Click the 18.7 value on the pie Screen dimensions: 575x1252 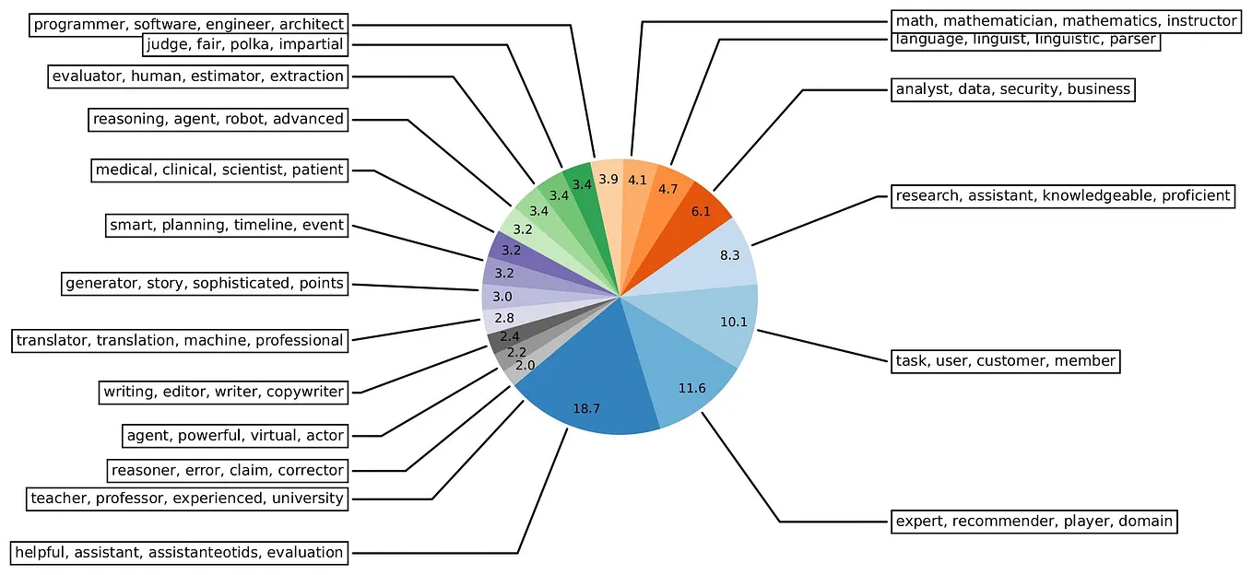[586, 408]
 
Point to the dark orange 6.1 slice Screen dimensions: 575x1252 [700, 211]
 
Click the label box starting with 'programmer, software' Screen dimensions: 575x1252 [189, 24]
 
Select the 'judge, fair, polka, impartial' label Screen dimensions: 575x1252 [244, 44]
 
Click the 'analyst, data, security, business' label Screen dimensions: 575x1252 [1012, 89]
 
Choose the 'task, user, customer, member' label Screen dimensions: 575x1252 [1006, 360]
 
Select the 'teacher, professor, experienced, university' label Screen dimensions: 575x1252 [187, 499]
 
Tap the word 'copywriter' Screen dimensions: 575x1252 [305, 393]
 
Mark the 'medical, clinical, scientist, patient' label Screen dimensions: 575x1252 [219, 170]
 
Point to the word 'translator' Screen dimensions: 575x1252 [53, 340]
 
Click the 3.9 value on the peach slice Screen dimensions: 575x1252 [608, 180]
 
